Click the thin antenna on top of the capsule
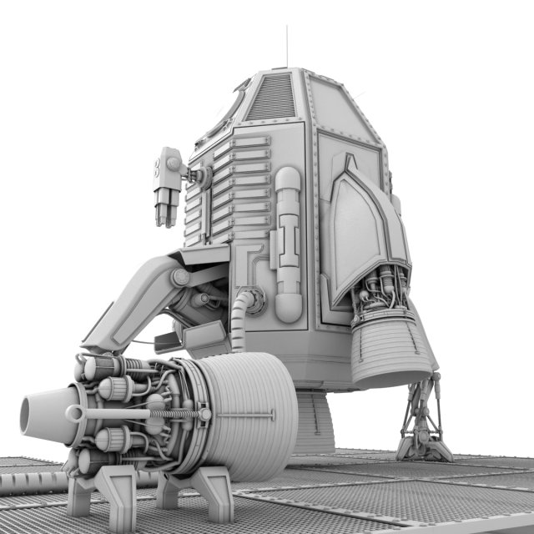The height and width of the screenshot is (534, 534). (x=287, y=46)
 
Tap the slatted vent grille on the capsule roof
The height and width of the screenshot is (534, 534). (x=271, y=96)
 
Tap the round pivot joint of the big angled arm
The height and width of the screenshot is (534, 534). (x=179, y=277)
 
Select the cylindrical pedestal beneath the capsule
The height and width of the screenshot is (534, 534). (x=315, y=421)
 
